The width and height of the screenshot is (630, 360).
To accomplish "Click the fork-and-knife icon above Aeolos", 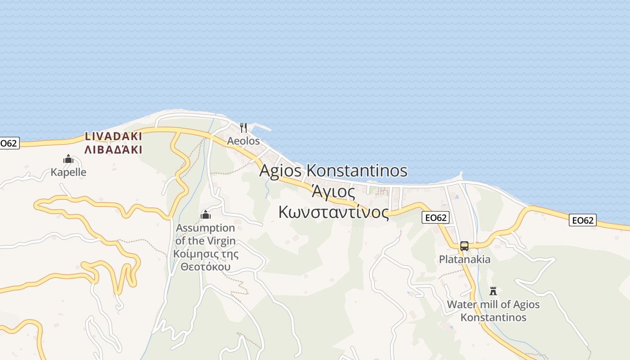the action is (x=243, y=128).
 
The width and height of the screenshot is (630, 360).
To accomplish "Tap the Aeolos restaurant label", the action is (x=243, y=141).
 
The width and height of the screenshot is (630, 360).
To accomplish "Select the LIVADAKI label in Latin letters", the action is (x=113, y=136).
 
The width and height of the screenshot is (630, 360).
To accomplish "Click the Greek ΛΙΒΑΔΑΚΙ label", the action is (x=113, y=149).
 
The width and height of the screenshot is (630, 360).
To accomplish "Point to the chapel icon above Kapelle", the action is (x=68, y=159).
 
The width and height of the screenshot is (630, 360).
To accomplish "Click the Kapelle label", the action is (x=68, y=172).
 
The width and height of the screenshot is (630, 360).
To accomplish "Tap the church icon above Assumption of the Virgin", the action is (x=206, y=215).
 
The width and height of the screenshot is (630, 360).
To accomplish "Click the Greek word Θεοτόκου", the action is (x=206, y=267).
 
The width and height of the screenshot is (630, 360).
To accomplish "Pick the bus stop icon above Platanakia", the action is (x=464, y=246).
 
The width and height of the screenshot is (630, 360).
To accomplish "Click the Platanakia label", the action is (x=465, y=260).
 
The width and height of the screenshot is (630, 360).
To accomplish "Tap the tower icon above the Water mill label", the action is (x=493, y=291).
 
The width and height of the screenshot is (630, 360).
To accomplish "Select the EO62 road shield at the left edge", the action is (x=9, y=144).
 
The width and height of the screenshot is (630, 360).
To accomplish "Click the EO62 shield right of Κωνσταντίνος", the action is (x=436, y=218).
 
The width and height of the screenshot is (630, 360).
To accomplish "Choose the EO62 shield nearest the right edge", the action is (x=582, y=220).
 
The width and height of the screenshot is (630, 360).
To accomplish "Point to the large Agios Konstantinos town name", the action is (x=333, y=171).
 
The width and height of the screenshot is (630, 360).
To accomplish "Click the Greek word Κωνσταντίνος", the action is (x=333, y=211).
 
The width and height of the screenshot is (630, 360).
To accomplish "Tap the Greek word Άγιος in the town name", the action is (x=333, y=192).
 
